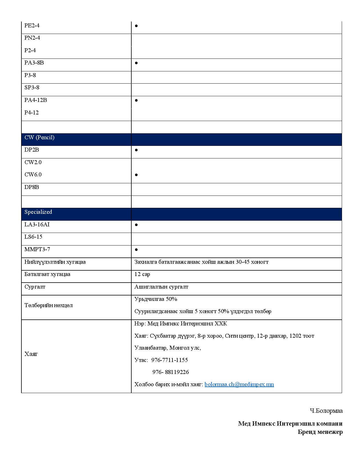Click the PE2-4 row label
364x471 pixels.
[32, 25]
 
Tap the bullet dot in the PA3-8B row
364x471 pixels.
[136, 63]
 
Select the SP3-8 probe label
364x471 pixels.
[32, 88]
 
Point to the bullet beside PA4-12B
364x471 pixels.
[136, 100]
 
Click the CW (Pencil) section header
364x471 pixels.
[39, 138]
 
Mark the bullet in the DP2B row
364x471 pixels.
[136, 150]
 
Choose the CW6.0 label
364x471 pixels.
[33, 175]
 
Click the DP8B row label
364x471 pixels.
[32, 187]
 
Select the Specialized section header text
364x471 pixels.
[38, 212]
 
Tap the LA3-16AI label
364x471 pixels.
[37, 225]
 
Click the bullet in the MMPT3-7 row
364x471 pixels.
[136, 249]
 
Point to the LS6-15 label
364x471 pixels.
[33, 237]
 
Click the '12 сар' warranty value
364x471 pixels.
[142, 274]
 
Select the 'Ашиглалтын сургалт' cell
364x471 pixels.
[161, 287]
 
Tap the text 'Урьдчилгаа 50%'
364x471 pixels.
[156, 299]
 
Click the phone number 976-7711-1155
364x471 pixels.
[169, 360]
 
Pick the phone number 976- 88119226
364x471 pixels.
[170, 372]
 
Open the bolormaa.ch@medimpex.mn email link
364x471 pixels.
[239, 385]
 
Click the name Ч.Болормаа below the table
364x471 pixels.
[326, 411]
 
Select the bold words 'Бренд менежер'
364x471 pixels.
[320, 432]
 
